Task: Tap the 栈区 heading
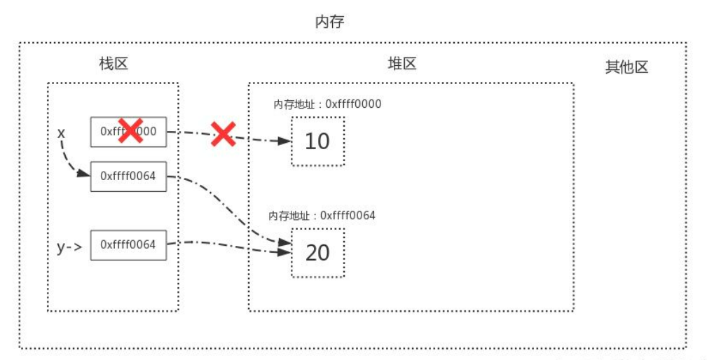[x=114, y=64]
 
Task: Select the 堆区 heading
[x=402, y=64]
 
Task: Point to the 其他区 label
[x=626, y=67]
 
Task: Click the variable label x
[x=61, y=132]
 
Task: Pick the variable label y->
[x=69, y=247]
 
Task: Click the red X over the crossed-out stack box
[x=130, y=130]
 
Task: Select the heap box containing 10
[x=317, y=141]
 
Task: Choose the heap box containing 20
[x=317, y=252]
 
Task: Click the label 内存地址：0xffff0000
[x=327, y=104]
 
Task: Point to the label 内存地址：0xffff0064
[x=322, y=216]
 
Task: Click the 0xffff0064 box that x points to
[x=128, y=176]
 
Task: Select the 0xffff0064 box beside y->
[x=128, y=244]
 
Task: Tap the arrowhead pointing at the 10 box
[x=284, y=141]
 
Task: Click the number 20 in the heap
[x=317, y=252]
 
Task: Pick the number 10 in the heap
[x=317, y=141]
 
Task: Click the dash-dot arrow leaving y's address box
[x=224, y=244]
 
